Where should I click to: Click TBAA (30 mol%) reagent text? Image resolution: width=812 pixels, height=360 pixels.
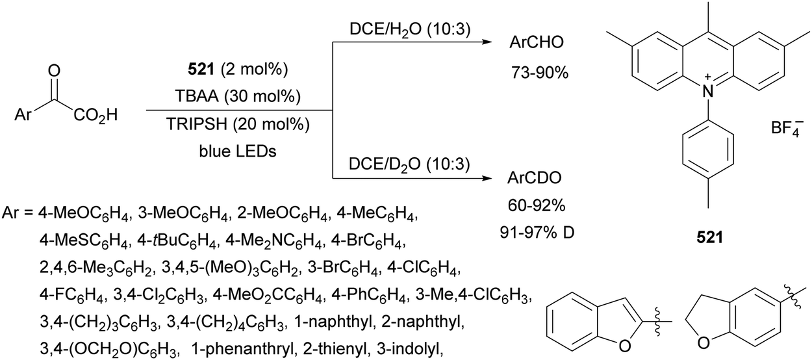tap(238, 97)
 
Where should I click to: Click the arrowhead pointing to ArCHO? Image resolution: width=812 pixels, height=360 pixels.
tap(489, 43)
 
